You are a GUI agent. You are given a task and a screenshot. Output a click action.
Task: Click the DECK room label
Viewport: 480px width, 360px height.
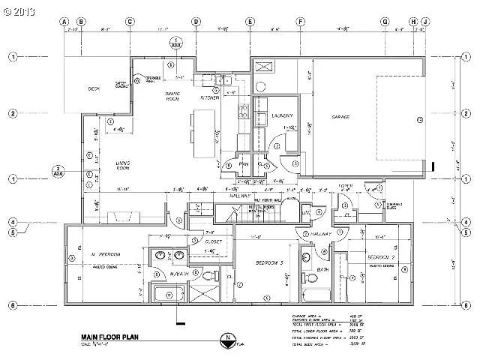(x=93, y=88)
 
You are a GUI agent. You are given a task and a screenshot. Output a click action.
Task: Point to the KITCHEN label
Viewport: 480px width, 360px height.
(x=208, y=97)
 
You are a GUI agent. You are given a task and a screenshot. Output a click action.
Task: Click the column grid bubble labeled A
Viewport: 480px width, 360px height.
(x=64, y=21)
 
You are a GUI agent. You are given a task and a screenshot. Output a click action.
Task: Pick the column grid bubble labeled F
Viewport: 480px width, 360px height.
(x=299, y=21)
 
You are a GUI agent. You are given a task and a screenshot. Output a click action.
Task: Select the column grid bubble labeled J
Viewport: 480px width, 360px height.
(x=424, y=21)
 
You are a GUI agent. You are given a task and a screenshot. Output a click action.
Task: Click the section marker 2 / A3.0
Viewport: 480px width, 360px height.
(x=58, y=170)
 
